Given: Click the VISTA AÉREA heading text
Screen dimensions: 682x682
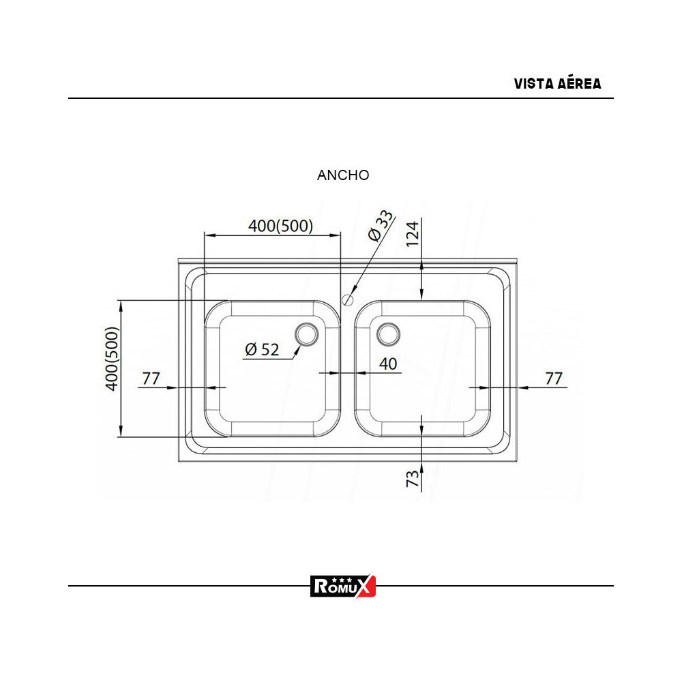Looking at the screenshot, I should pyautogui.click(x=557, y=84).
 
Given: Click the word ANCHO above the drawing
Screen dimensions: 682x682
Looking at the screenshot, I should pyautogui.click(x=343, y=175).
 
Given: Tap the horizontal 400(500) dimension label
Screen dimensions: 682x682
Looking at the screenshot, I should pyautogui.click(x=280, y=226).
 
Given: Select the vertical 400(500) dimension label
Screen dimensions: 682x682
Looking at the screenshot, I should pyautogui.click(x=113, y=358).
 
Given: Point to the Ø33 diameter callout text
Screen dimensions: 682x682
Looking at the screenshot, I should pyautogui.click(x=381, y=226).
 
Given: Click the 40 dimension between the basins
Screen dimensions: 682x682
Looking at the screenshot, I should pyautogui.click(x=388, y=364).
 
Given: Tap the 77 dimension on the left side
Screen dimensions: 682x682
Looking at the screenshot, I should pyautogui.click(x=151, y=379).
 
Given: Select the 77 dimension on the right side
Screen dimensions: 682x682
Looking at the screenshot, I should pyautogui.click(x=554, y=379).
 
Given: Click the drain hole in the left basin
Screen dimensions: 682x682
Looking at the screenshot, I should pyautogui.click(x=306, y=333).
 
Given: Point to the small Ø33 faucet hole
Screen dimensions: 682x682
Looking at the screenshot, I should pyautogui.click(x=348, y=298).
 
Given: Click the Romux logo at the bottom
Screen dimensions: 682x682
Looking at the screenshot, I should pyautogui.click(x=343, y=586).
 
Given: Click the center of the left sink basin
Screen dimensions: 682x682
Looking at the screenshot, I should pyautogui.click(x=273, y=368).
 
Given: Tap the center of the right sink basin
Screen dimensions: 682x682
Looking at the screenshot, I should pyautogui.click(x=422, y=368).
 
